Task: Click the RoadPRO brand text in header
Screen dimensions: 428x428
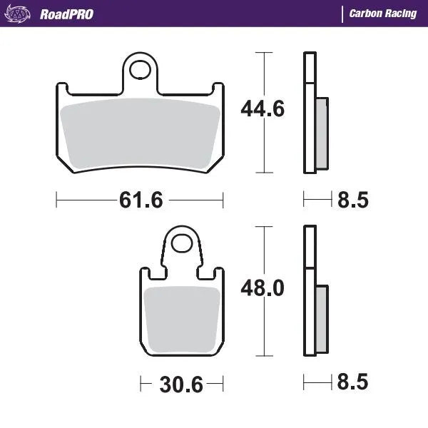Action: click(x=66, y=14)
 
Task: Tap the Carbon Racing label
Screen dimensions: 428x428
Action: click(x=383, y=14)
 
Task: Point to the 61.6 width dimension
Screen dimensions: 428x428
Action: click(x=141, y=200)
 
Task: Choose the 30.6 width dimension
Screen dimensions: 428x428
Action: click(x=180, y=386)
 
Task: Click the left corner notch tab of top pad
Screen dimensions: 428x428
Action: click(x=63, y=90)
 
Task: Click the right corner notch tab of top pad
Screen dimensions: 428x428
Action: click(x=219, y=90)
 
